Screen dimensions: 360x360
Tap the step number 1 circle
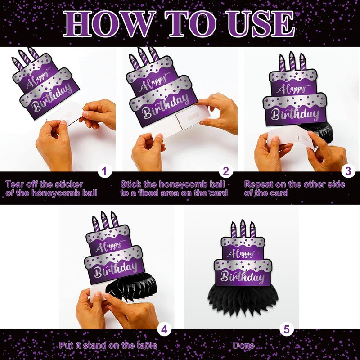click(x=105, y=171)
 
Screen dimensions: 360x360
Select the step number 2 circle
click(x=226, y=171)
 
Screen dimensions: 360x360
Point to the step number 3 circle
click(x=348, y=171)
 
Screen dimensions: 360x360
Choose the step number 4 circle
click(x=164, y=329)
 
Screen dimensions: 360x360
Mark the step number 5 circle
click(x=287, y=329)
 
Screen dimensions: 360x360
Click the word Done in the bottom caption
click(x=244, y=345)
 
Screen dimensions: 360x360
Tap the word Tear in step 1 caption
click(x=14, y=184)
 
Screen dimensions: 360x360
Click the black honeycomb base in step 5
click(x=243, y=300)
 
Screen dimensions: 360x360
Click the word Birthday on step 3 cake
click(x=295, y=114)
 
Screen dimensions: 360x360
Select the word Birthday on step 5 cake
click(x=243, y=277)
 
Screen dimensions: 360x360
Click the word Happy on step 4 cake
click(x=110, y=246)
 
